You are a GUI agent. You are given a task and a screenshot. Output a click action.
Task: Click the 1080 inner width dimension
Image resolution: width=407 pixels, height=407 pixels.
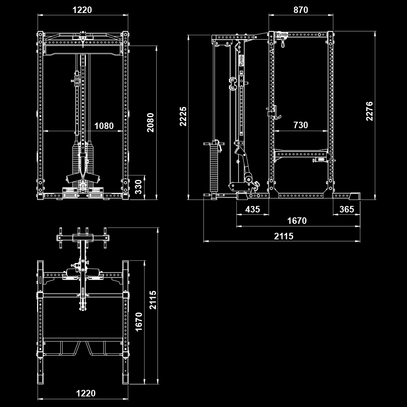[104, 126]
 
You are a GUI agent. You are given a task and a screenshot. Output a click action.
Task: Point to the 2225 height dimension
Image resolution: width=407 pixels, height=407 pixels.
[183, 116]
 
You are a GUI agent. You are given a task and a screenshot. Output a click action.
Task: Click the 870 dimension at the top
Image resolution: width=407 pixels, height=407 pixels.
[300, 10]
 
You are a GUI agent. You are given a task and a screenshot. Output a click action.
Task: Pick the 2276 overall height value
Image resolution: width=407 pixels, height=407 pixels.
[369, 111]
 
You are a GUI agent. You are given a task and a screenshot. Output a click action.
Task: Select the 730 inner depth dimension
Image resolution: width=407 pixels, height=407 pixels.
[300, 125]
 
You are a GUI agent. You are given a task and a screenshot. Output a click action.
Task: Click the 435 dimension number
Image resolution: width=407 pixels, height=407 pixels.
[253, 210]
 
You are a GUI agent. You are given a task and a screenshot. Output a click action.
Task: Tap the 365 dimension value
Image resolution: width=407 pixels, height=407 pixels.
[346, 210]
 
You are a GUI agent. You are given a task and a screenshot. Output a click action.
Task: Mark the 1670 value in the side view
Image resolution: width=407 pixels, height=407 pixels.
[297, 221]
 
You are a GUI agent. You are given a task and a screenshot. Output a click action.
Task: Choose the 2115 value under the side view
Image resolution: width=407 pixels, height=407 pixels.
[283, 236]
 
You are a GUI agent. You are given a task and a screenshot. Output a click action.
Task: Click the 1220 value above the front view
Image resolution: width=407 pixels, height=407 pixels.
[82, 10]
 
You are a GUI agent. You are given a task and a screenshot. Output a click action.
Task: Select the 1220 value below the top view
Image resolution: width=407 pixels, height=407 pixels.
[86, 393]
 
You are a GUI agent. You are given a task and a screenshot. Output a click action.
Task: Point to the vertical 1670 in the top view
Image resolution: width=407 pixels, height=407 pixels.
[139, 322]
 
